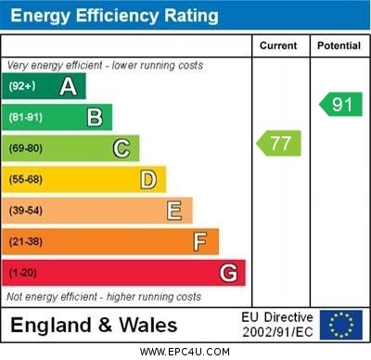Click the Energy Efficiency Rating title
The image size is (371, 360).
pos(114,16)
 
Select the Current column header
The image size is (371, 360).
pos(278,45)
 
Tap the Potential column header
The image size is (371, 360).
pos(338,45)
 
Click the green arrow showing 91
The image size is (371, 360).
pos(340,104)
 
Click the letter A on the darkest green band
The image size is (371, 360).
pos(68,87)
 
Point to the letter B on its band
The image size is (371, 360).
pos(95,117)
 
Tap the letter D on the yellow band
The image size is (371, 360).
pos(147,179)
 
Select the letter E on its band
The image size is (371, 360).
pos(174,211)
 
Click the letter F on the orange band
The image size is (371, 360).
pos(200,242)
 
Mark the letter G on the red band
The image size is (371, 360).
pos(228,273)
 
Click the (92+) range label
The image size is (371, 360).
pos(22,87)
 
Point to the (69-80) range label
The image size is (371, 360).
pos(26,148)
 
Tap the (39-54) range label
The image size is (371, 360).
pos(26,211)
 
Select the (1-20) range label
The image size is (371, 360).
pos(23,274)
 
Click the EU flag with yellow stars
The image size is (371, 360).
pos(340,324)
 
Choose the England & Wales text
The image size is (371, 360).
pos(94,325)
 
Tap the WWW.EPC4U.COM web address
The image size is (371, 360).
pos(185,352)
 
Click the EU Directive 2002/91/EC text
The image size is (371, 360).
pos(277,324)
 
